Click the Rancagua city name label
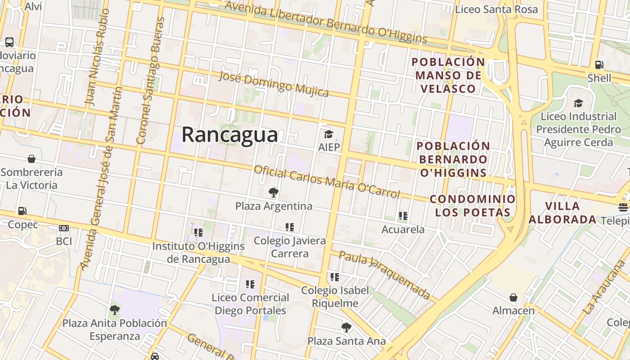(x=229, y=135)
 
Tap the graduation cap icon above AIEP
(x=328, y=134)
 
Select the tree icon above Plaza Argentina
(x=273, y=193)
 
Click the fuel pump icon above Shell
(x=599, y=65)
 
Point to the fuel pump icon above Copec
(x=22, y=211)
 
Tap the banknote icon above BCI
(x=64, y=228)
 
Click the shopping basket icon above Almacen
(x=513, y=297)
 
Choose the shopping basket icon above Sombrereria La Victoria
(x=31, y=159)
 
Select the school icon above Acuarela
(x=403, y=216)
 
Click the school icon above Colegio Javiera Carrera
(x=289, y=227)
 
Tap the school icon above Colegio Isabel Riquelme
(x=334, y=277)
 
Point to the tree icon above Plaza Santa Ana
(x=346, y=327)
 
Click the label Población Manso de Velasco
(x=448, y=75)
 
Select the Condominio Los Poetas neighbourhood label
(x=472, y=206)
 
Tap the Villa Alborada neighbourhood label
(x=562, y=213)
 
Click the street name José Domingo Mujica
(x=274, y=84)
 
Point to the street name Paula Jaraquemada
(x=385, y=275)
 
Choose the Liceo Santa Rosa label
(x=496, y=9)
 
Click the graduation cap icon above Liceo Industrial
(x=578, y=103)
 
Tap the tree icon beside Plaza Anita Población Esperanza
(x=115, y=310)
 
